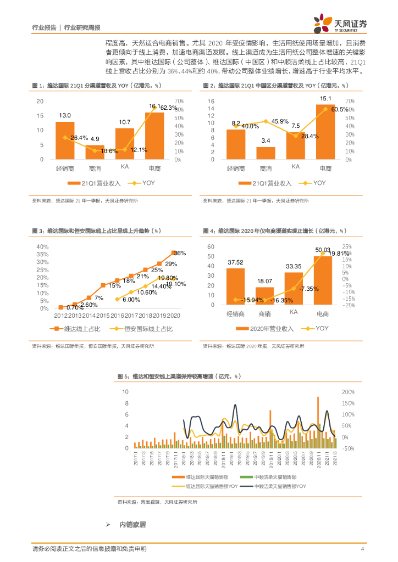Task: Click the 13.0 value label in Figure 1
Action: [65, 115]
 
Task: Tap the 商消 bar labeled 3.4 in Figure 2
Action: [266, 153]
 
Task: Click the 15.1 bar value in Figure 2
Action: [325, 99]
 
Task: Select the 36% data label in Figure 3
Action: [180, 253]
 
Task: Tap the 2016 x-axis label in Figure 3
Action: [118, 316]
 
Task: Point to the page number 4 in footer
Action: [362, 549]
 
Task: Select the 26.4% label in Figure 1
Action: [77, 137]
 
